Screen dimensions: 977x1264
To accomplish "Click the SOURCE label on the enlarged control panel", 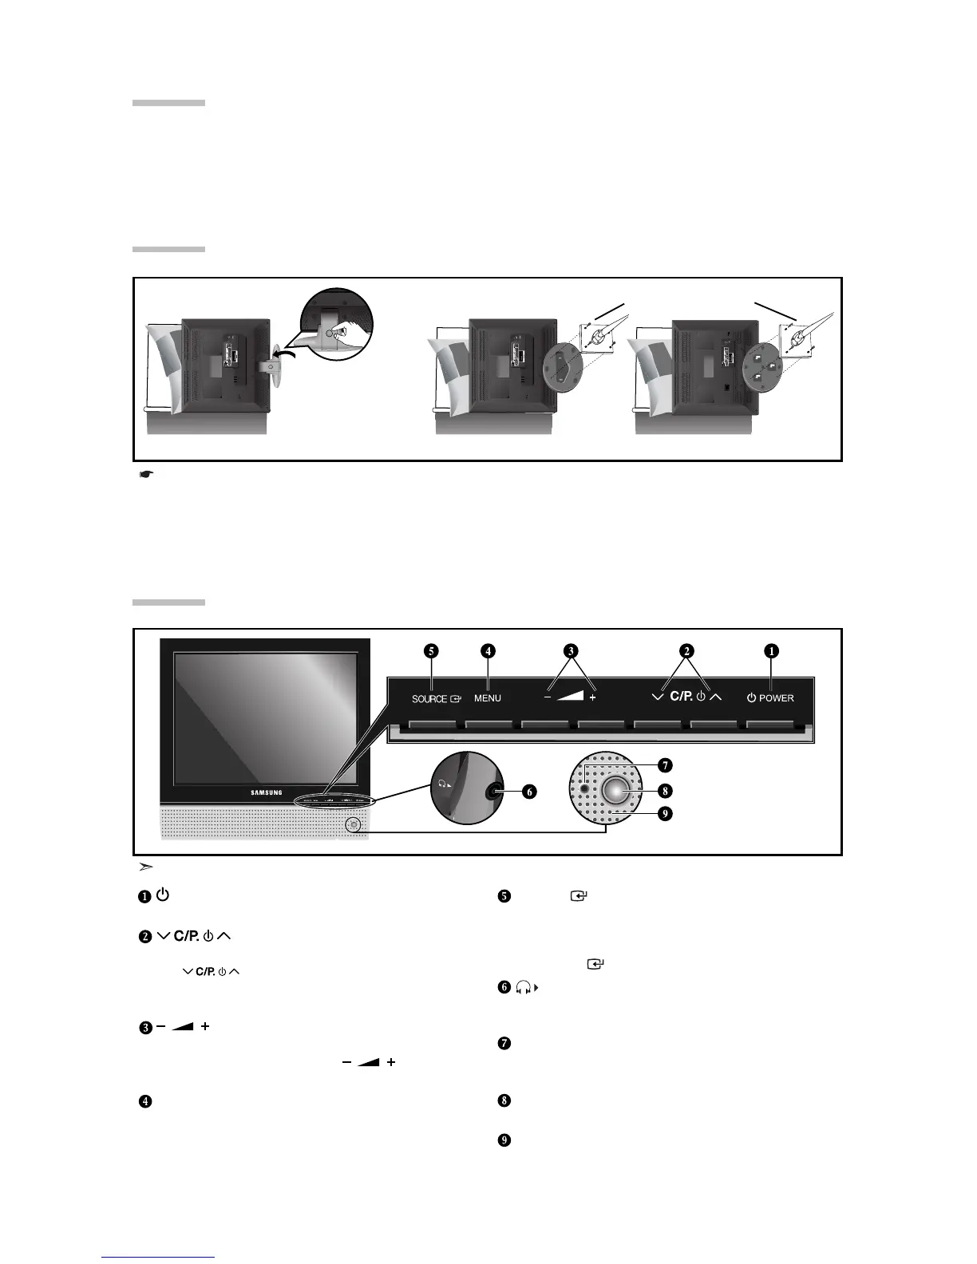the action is [429, 698].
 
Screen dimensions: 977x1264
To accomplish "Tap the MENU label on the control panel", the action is [488, 698].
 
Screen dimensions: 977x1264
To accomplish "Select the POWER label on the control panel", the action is [776, 698].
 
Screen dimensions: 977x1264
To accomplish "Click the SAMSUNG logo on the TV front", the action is [267, 792].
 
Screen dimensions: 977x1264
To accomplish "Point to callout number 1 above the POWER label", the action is [771, 650].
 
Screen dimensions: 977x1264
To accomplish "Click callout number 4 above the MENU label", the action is [488, 650].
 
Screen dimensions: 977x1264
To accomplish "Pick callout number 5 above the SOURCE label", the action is [431, 650].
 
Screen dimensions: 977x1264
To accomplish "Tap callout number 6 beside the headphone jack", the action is [528, 792].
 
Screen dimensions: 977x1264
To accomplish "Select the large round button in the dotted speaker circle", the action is [616, 790].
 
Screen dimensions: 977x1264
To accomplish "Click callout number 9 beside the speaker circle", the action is [665, 814].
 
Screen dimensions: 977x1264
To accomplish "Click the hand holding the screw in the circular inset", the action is [340, 336].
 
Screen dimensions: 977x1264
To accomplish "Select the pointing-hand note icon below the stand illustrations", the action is [146, 475].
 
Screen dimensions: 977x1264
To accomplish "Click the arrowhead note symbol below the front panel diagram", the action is [146, 867].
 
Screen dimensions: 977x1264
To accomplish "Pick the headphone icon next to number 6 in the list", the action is [526, 988].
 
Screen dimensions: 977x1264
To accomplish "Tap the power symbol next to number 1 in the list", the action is [162, 895].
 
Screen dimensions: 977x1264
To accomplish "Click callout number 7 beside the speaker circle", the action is [665, 765].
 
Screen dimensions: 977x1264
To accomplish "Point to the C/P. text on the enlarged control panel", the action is [681, 697].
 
